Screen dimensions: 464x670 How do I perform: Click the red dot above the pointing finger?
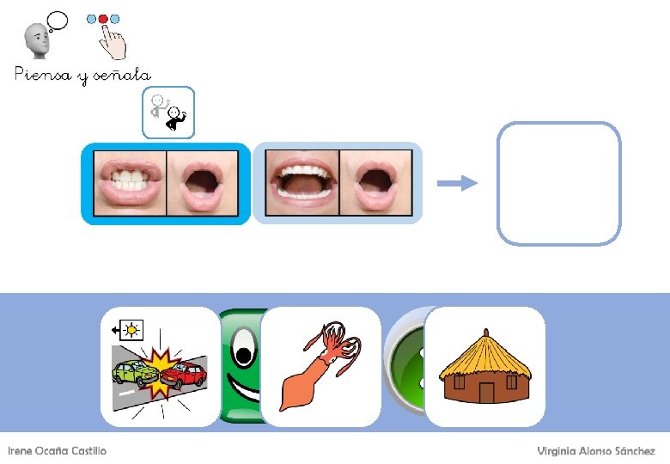click(104, 18)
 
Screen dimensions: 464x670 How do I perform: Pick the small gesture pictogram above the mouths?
click(168, 113)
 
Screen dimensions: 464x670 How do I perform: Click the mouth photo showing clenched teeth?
click(129, 182)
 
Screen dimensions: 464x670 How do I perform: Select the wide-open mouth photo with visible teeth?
click(301, 182)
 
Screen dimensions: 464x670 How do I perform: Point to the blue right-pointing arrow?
click(456, 182)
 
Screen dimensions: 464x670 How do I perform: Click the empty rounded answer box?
click(558, 183)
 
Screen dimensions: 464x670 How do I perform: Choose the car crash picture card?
click(161, 367)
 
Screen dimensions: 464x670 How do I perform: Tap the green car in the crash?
click(135, 372)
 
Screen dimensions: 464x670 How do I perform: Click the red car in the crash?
click(183, 375)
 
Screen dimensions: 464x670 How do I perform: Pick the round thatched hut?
click(485, 367)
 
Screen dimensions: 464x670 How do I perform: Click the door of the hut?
click(486, 393)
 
